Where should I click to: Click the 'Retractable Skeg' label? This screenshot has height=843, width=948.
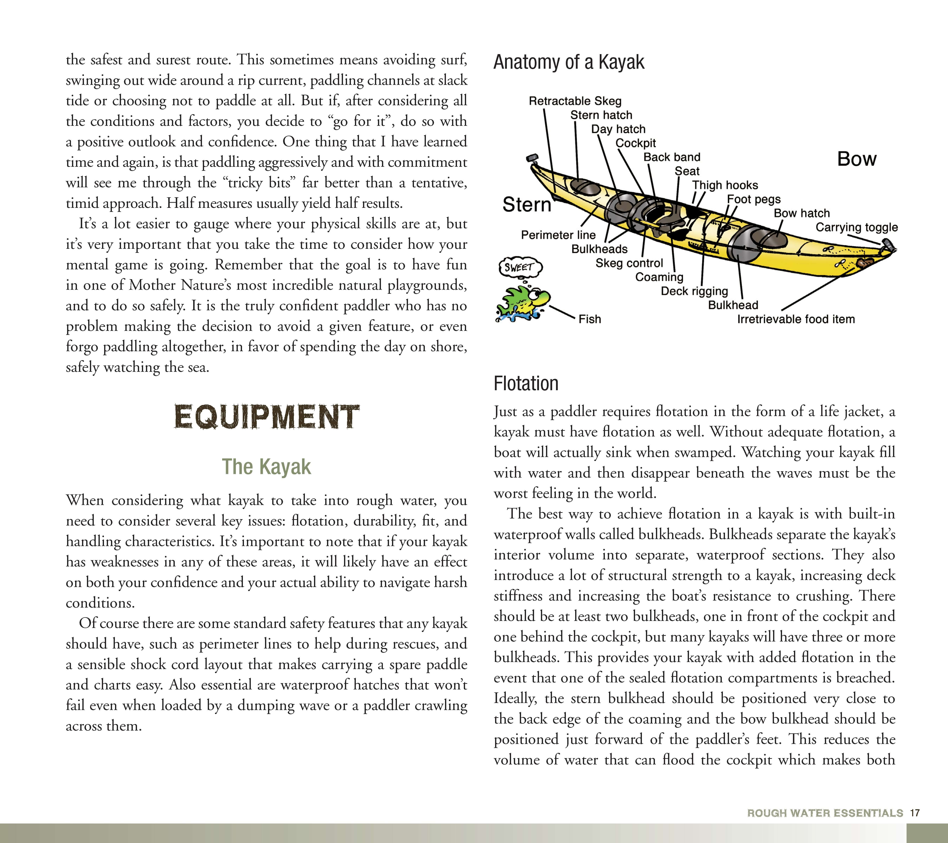(x=575, y=101)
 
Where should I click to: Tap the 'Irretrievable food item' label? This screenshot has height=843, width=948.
(x=796, y=319)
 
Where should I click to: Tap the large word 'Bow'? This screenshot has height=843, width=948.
(x=857, y=159)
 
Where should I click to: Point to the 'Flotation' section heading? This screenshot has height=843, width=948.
(x=526, y=384)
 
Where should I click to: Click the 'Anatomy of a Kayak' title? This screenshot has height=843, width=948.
(x=569, y=62)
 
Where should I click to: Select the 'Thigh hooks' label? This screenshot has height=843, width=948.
(x=725, y=185)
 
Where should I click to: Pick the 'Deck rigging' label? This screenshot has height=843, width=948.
(x=694, y=291)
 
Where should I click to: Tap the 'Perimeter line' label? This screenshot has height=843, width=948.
(x=558, y=235)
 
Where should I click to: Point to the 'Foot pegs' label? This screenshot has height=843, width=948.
(x=754, y=199)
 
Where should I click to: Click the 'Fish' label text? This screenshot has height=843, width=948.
(x=590, y=319)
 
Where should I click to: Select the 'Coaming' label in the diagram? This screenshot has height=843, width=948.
(x=659, y=277)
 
